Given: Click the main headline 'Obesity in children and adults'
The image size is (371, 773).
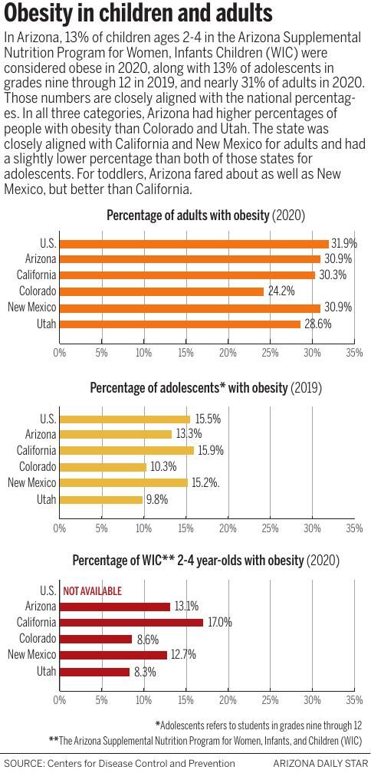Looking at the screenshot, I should [x=138, y=13].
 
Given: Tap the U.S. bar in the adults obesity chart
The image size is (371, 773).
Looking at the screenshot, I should [x=194, y=243].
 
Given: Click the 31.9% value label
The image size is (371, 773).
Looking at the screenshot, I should [x=344, y=243].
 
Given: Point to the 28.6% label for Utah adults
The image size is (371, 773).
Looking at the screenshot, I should [x=316, y=324].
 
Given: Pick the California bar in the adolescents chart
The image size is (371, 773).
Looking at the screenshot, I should [x=126, y=451].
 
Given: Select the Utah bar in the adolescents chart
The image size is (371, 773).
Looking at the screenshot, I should [x=100, y=499].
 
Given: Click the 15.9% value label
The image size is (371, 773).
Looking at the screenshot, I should [x=210, y=451].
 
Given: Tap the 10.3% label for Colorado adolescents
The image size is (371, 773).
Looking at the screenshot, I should [x=163, y=467].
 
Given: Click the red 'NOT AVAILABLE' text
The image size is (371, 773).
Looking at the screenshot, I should [x=92, y=591].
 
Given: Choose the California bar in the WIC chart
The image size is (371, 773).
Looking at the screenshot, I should [x=131, y=623].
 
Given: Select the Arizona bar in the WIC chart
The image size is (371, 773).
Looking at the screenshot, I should [x=114, y=607].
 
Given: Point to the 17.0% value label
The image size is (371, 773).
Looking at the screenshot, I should [x=219, y=623].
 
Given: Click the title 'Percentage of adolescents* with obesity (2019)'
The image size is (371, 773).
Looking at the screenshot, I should [x=205, y=388].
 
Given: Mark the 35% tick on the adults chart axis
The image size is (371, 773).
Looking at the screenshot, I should [x=354, y=354].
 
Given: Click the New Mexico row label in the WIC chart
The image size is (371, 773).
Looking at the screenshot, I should [x=31, y=655].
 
